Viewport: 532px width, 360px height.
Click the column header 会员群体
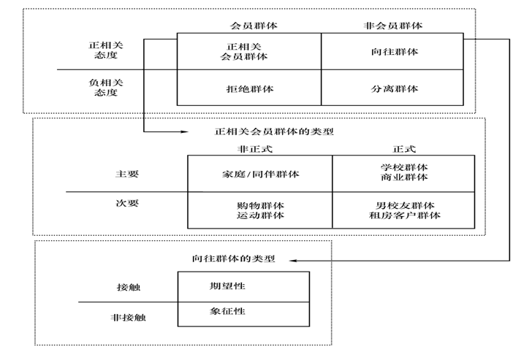point(249,26)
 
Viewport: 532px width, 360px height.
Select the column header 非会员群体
point(392,26)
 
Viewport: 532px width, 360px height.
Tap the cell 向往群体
point(393,51)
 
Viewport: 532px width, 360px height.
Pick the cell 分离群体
point(393,89)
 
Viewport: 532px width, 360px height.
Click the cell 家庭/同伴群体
point(260,174)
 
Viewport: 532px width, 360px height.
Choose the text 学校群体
point(403,168)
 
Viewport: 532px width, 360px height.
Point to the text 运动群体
point(260,215)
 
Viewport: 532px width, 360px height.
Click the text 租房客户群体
point(403,215)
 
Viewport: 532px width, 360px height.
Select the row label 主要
point(127,174)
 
